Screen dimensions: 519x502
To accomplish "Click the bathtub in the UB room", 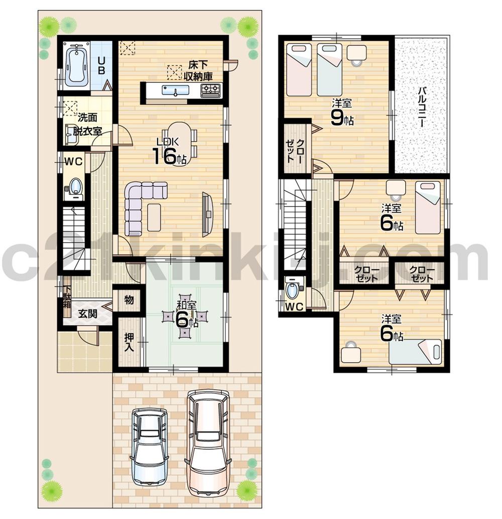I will tap(77, 64).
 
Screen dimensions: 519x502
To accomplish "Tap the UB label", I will tap(101, 65).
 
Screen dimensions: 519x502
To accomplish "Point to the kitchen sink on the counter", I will tap(175, 90).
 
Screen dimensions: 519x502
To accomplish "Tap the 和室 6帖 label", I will tap(186, 315).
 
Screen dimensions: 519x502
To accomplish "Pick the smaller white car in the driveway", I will tap(150, 445).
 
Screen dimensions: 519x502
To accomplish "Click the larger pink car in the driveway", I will tap(207, 442).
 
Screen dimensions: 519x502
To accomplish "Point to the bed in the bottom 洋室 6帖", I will tap(415, 351).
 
